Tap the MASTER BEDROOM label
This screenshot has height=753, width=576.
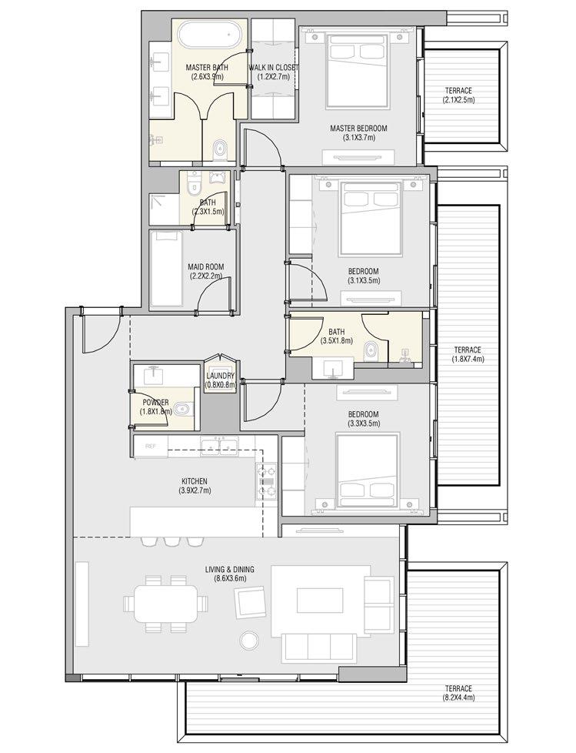358,128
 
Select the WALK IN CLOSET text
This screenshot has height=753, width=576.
273,68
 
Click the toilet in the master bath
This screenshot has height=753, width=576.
220,148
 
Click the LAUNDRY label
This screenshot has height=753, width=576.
220,376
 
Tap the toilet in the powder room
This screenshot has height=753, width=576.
181,410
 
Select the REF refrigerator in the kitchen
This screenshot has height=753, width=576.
151,447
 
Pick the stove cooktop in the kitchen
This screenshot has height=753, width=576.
266,481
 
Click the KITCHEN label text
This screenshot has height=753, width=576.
193,481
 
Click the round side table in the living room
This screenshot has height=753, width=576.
248,641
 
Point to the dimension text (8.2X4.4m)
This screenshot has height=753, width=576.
458,699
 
